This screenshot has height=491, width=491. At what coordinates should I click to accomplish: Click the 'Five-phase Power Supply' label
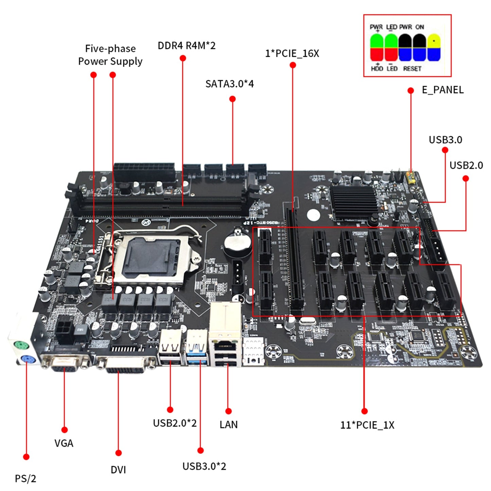pyautogui.click(x=110, y=55)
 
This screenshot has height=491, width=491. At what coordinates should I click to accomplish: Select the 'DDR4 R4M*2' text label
pyautogui.click(x=187, y=46)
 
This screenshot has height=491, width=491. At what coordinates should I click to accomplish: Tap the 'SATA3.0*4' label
pyautogui.click(x=229, y=84)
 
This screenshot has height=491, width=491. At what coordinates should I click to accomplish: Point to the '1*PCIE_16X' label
pyautogui.click(x=292, y=53)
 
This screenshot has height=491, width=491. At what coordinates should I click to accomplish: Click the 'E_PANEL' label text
pyautogui.click(x=442, y=90)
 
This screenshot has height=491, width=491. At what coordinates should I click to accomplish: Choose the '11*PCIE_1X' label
pyautogui.click(x=367, y=425)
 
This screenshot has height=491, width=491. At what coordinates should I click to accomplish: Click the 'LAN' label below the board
pyautogui.click(x=228, y=425)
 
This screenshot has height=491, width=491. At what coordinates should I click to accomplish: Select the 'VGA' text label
pyautogui.click(x=64, y=443)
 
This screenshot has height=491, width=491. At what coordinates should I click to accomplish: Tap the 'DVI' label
pyautogui.click(x=118, y=470)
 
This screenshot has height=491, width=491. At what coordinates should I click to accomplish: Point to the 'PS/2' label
pyautogui.click(x=25, y=479)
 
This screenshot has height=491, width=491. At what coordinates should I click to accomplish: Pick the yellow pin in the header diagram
pyautogui.click(x=434, y=41)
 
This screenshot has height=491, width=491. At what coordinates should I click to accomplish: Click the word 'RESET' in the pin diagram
pyautogui.click(x=412, y=69)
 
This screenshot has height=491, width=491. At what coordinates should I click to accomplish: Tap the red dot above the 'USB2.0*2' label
pyautogui.click(x=170, y=410)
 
